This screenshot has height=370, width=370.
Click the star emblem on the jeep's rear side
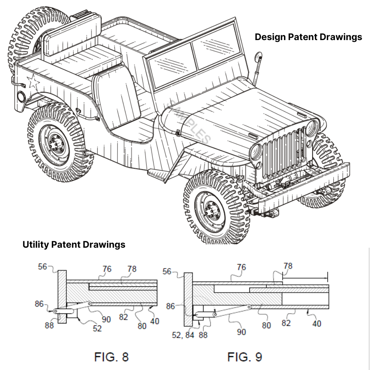(33, 82)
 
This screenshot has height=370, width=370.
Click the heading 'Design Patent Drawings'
(308, 37)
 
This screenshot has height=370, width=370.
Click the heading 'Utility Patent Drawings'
(74, 245)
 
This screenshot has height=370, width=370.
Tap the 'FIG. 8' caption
(111, 357)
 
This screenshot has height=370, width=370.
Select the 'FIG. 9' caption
(245, 357)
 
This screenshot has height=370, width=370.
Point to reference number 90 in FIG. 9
(242, 332)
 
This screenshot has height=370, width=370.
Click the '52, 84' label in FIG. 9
(183, 335)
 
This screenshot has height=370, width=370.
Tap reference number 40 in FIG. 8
(155, 321)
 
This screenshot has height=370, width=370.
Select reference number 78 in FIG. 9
(288, 266)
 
